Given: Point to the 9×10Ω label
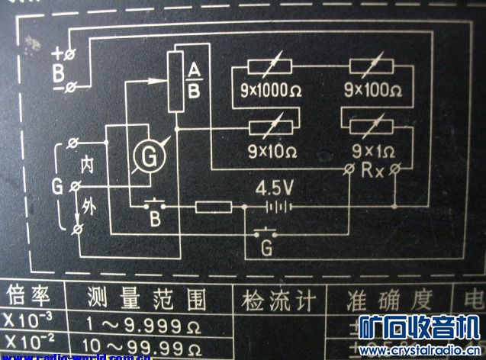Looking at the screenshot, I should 272,149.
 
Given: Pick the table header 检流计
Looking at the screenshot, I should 278,298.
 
